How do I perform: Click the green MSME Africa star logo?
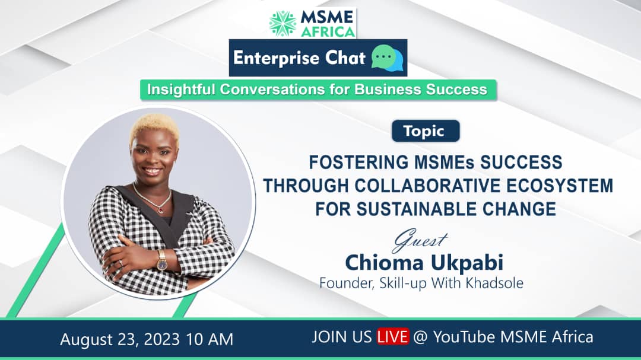coord(283,23)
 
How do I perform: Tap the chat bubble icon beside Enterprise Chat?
coord(387,58)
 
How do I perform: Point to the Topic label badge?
coord(425,131)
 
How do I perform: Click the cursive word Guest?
coord(420,240)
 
